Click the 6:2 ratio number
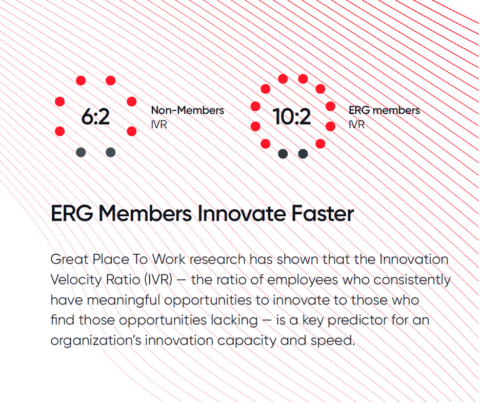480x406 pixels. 95,116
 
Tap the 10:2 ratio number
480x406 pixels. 292,116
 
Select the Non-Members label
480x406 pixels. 187,110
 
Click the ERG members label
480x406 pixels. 384,110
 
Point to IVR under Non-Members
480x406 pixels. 159,125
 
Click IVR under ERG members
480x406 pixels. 356,125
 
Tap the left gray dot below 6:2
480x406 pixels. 81,152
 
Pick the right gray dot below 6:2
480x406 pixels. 110,152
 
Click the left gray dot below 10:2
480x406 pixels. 283,154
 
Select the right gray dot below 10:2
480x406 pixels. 303,154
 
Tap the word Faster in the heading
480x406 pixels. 323,213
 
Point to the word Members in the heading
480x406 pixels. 145,213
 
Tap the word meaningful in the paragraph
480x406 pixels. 124,300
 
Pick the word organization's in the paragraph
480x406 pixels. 96,340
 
